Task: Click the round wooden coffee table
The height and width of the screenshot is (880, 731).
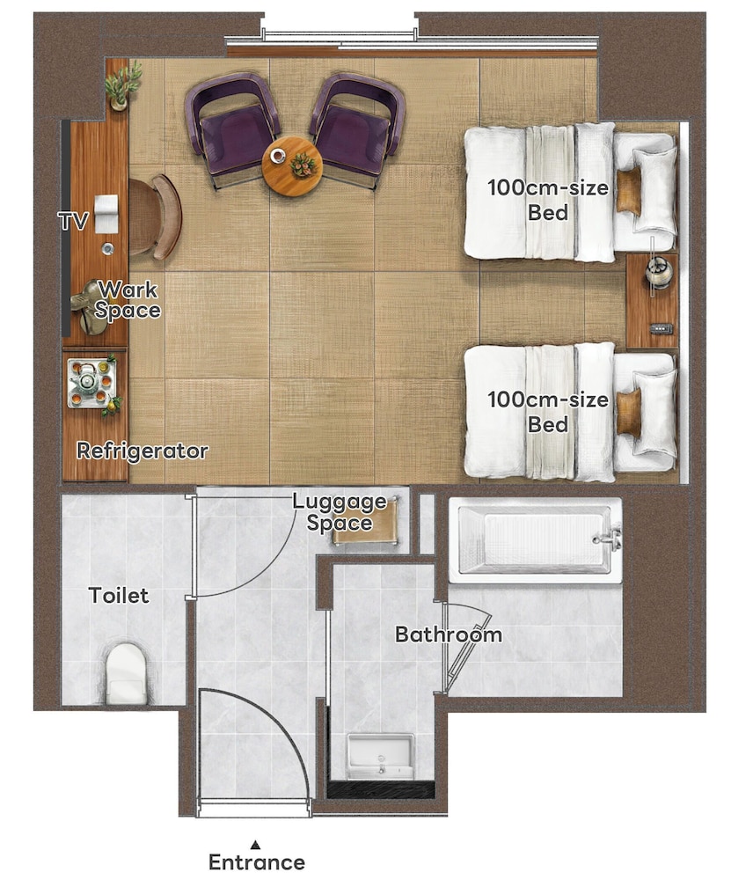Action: tap(292, 166)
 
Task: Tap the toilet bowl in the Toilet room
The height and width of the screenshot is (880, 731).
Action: tap(126, 673)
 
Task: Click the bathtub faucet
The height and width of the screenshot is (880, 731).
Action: tap(608, 538)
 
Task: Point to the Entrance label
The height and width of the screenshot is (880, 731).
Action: tap(257, 862)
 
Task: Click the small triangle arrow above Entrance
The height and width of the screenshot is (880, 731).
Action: tap(256, 844)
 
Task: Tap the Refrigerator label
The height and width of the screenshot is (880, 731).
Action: tap(143, 451)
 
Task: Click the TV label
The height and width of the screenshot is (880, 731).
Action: tap(74, 221)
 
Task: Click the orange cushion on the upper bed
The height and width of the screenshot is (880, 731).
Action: tap(628, 191)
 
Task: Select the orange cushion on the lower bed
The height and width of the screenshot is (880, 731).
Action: tap(628, 413)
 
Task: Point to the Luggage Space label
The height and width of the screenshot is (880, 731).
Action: tap(340, 512)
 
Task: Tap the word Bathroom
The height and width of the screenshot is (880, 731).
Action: tap(449, 634)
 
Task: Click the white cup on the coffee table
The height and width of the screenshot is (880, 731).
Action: tap(277, 155)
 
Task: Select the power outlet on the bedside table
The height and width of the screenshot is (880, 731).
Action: tap(662, 329)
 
